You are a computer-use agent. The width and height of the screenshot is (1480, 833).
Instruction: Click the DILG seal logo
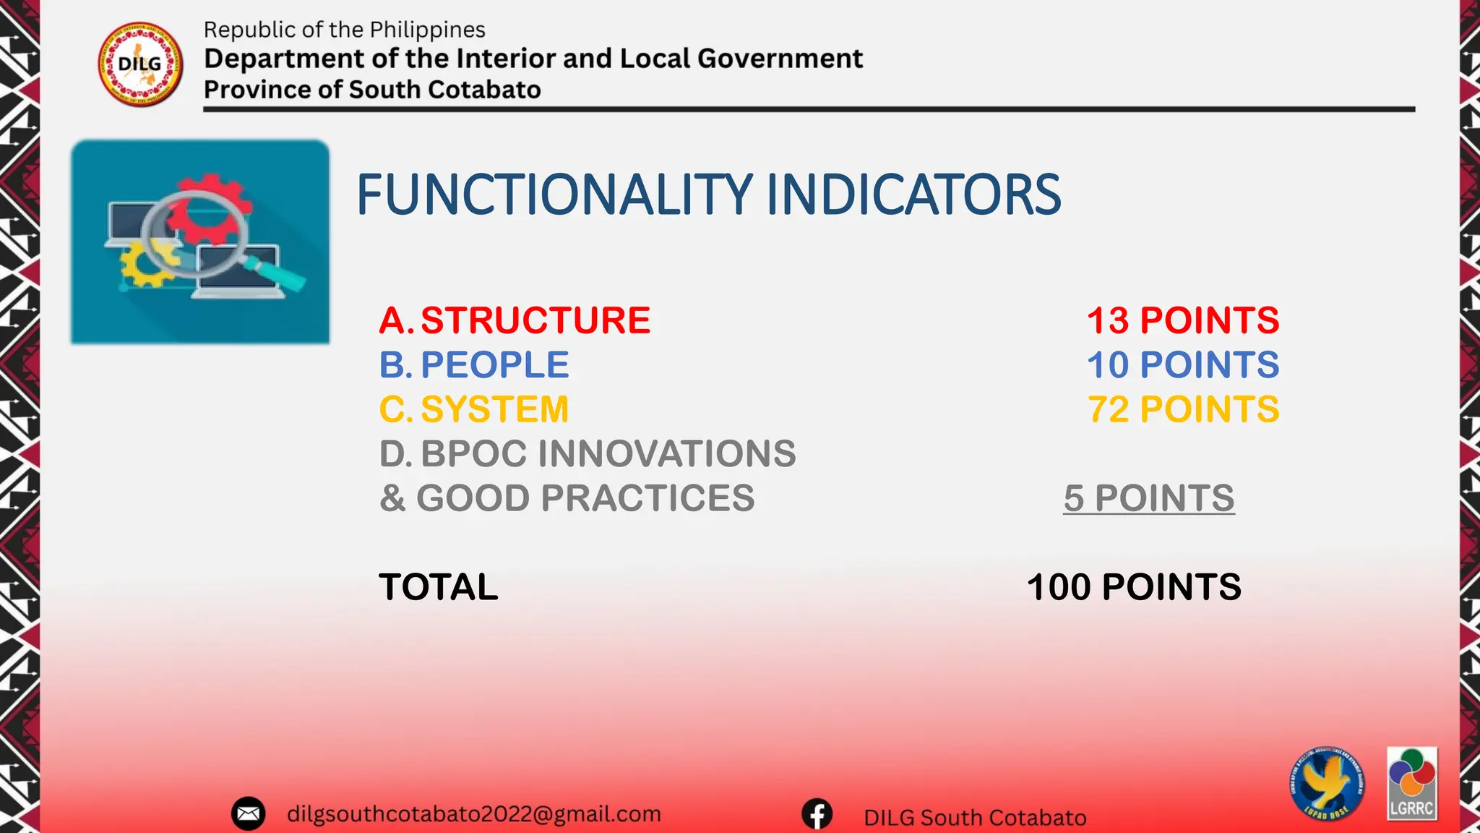(x=140, y=64)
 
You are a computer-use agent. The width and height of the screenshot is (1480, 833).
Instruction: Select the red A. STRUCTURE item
(x=515, y=320)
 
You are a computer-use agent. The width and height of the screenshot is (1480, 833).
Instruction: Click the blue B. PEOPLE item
(x=474, y=364)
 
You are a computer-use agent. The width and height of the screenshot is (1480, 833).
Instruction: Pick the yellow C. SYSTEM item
(x=474, y=409)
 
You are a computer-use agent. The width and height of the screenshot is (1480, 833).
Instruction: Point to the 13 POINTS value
(x=1182, y=320)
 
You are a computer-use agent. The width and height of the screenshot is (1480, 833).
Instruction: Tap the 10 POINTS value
(x=1182, y=364)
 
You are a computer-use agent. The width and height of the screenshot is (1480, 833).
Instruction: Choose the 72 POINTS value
(x=1182, y=409)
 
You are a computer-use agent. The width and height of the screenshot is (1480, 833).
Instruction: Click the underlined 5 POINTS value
(x=1148, y=498)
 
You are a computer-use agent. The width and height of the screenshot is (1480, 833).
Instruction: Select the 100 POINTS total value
(x=1133, y=586)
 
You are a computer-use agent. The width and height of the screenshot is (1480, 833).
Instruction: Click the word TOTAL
(x=438, y=586)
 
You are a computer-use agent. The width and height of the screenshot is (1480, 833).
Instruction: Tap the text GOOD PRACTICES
(x=585, y=498)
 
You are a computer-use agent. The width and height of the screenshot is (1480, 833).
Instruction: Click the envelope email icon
(x=248, y=814)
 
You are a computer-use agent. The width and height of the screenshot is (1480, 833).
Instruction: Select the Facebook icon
(x=817, y=814)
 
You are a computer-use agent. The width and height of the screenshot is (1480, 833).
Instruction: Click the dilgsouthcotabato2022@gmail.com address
(x=473, y=814)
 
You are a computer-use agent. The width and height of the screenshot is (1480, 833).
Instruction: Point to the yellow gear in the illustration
(x=145, y=264)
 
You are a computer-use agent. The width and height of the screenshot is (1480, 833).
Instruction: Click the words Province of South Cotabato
(x=371, y=90)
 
